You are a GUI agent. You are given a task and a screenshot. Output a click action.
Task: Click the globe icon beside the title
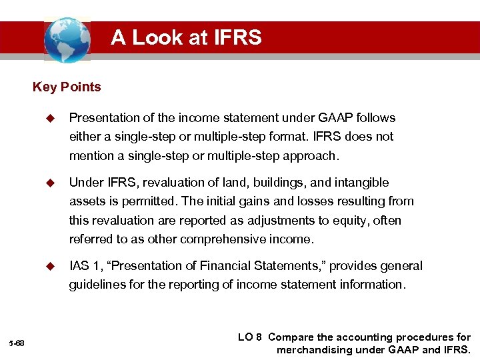pos(67,40)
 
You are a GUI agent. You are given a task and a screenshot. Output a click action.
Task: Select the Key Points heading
pos(67,87)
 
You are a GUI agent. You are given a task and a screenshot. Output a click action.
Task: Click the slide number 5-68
pos(17,343)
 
